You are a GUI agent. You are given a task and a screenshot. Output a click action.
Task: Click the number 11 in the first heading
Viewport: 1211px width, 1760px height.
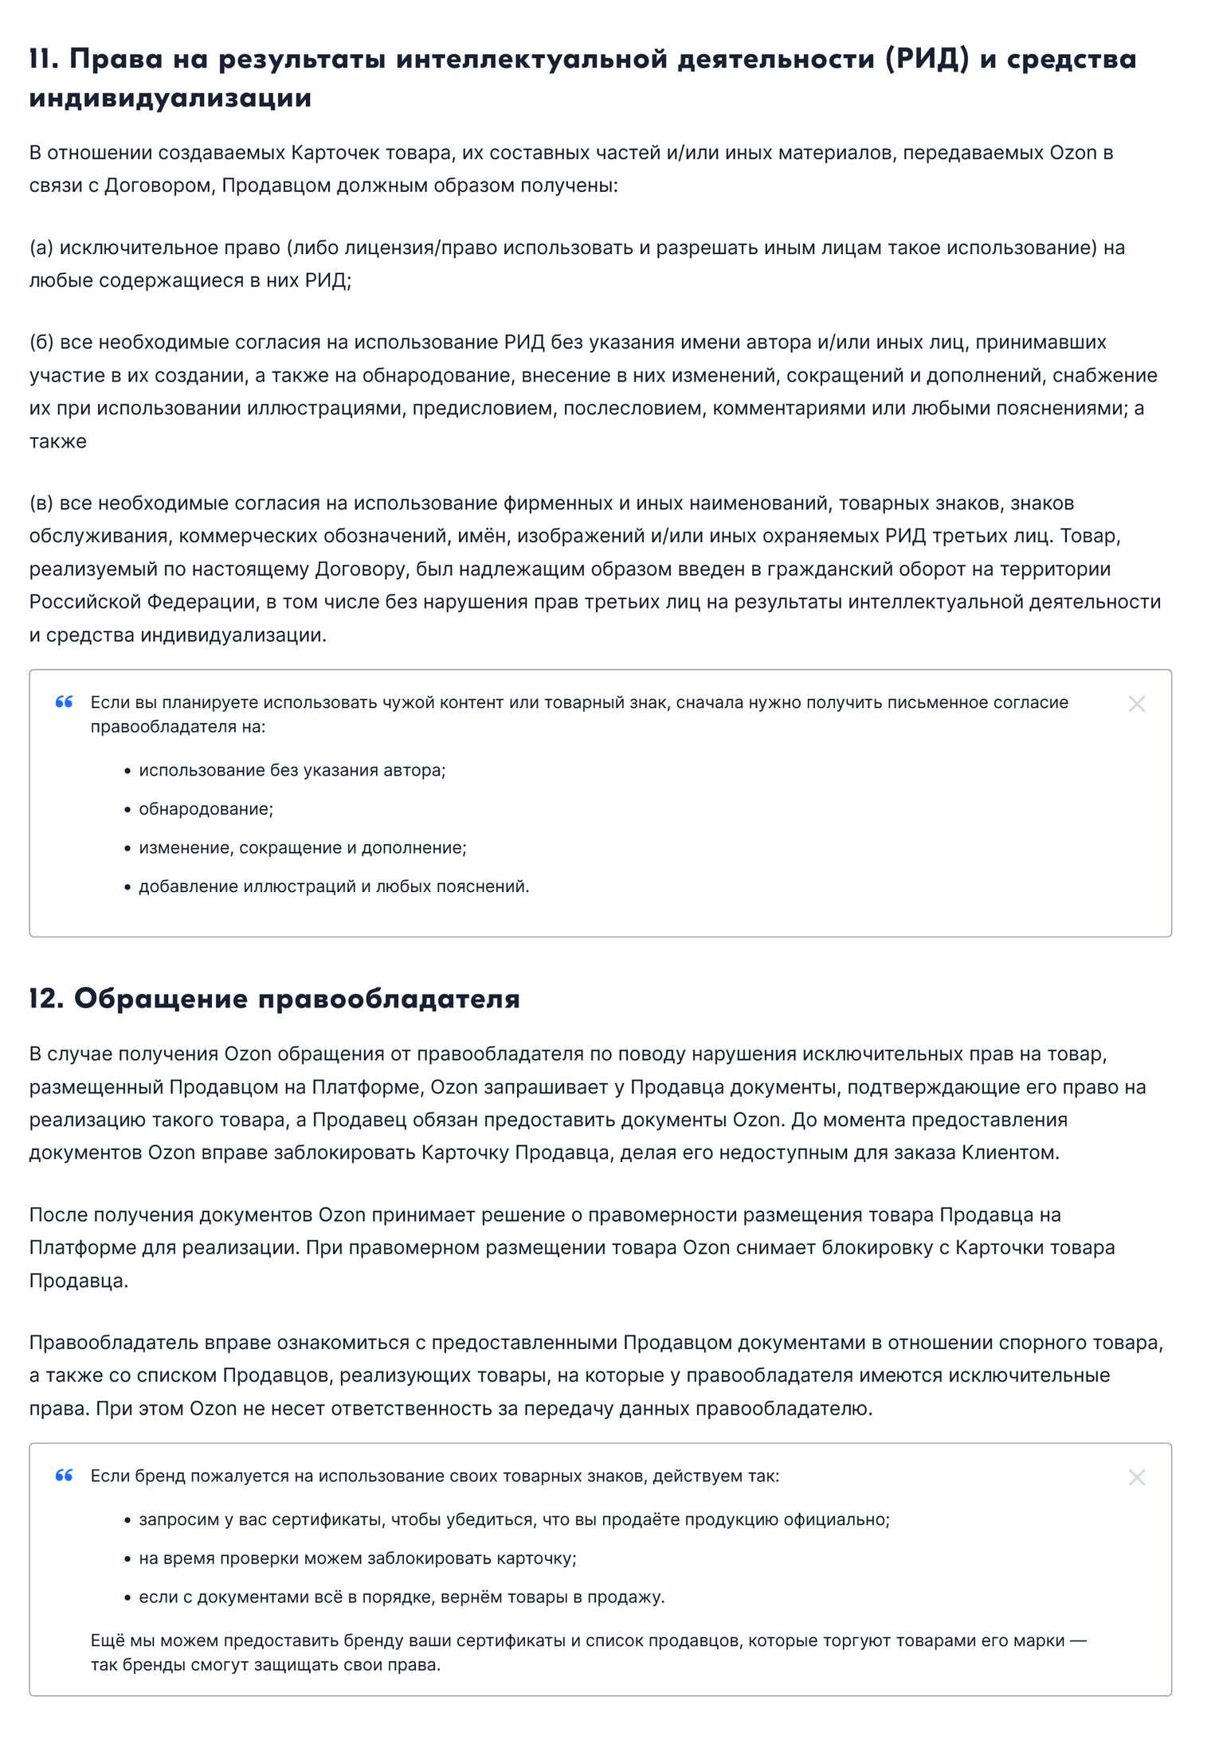coord(43,59)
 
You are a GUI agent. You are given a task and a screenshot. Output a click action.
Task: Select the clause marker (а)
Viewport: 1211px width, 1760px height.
coord(41,248)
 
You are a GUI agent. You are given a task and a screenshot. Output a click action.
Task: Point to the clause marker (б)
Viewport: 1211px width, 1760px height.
coord(41,342)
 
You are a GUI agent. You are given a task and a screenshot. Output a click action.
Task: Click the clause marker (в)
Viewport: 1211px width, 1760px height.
coord(41,503)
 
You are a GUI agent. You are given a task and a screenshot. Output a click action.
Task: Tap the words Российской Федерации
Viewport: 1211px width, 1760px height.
coord(143,602)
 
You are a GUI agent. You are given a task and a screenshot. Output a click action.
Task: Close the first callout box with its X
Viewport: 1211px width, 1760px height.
coord(1136,704)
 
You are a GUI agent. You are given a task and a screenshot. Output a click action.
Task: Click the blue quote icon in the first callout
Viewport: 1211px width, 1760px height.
coord(65,702)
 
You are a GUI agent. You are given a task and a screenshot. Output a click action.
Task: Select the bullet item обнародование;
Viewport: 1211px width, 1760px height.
coord(206,809)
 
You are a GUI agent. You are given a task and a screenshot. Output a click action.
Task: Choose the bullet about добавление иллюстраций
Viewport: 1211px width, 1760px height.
coord(334,886)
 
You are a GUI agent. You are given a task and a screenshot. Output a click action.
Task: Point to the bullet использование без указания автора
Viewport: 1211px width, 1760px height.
coord(292,770)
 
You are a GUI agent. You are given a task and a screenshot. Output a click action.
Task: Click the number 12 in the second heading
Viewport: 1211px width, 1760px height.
coord(45,999)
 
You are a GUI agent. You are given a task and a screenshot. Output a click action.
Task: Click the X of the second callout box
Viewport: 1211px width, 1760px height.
coord(1136,1478)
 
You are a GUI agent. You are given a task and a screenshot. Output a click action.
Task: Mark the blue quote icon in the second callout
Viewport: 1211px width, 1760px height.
coord(65,1476)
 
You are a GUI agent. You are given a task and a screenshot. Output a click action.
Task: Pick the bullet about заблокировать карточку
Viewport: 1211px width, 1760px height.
coord(357,1559)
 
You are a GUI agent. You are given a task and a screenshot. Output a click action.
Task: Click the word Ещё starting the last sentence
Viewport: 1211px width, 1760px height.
coord(108,1641)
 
